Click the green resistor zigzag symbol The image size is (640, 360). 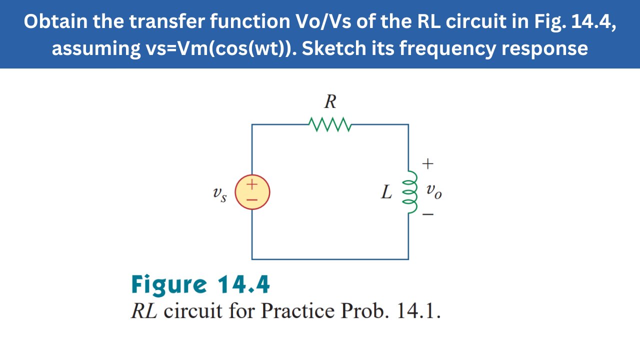(x=330, y=124)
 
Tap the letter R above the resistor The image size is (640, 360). (x=330, y=102)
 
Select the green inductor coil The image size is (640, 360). (x=412, y=192)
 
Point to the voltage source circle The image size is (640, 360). (x=252, y=192)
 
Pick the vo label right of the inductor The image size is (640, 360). (x=434, y=191)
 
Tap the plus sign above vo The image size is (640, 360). (x=427, y=163)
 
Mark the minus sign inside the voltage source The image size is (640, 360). (x=252, y=199)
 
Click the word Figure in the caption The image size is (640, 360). (x=168, y=285)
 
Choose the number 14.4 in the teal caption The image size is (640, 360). (x=243, y=284)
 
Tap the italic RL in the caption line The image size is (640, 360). (x=144, y=311)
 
